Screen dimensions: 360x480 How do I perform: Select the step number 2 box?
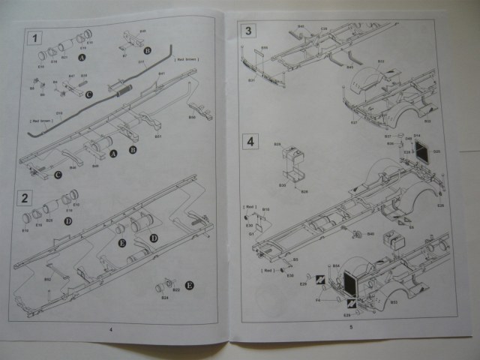point(25,198)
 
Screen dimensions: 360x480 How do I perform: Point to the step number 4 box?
point(250,140)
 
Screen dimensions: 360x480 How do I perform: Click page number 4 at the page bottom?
point(110,328)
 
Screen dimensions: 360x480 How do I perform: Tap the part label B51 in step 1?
point(158,136)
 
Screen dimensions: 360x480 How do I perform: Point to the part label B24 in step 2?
point(164,297)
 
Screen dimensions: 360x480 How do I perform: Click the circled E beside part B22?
point(189,285)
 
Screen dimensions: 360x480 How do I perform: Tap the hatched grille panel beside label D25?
point(421,154)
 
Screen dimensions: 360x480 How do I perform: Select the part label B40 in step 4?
point(370,234)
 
